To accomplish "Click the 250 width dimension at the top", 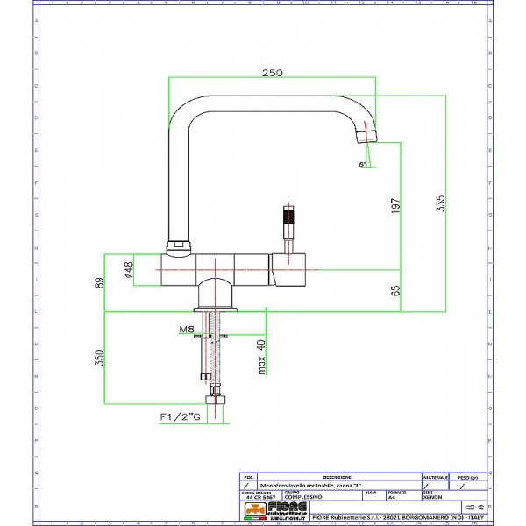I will point(272,73).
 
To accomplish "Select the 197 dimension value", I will point(395,207).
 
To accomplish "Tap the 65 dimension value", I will point(395,289).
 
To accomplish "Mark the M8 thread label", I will point(187,330).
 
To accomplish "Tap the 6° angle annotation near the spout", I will point(362,164).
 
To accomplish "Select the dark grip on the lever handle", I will point(287,216).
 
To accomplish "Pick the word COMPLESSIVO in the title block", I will point(303,496).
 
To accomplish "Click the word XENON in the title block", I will point(432,496).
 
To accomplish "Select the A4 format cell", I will point(392,496).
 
